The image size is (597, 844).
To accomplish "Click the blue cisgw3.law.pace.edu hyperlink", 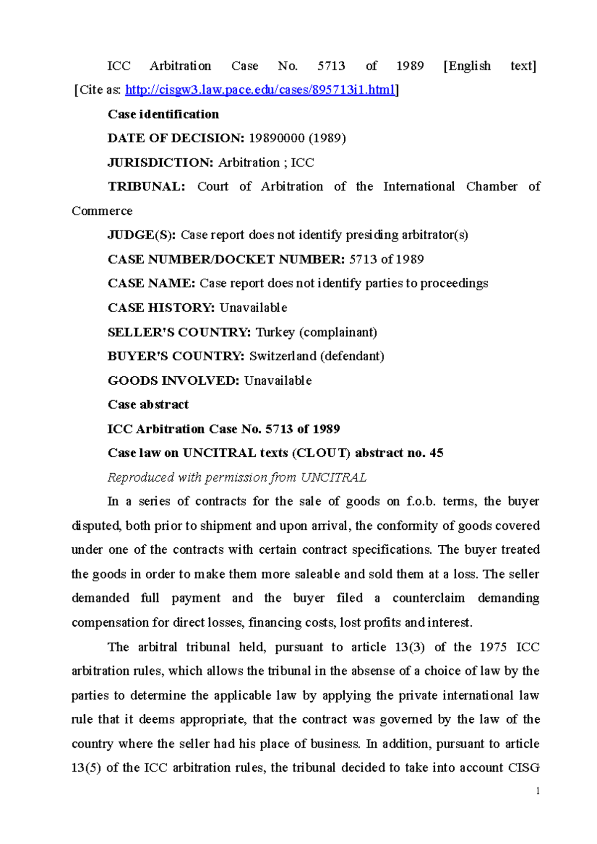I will click(x=260, y=90).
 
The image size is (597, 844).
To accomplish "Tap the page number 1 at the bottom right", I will click(x=538, y=791).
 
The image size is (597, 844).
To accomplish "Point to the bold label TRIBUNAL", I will click(x=146, y=186).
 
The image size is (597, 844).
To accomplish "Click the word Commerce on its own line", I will click(x=102, y=211).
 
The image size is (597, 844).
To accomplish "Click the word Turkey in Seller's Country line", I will click(x=275, y=332).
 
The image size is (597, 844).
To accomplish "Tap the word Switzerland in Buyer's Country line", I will click(x=283, y=356).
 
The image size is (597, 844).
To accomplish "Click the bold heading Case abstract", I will click(x=148, y=405).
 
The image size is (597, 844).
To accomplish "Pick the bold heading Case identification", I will click(x=163, y=114).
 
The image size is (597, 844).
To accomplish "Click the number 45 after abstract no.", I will click(x=436, y=453).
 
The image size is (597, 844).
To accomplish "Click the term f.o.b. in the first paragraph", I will click(x=421, y=501).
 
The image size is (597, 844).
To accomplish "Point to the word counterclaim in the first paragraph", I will click(x=428, y=598).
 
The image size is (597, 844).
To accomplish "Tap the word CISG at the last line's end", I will click(x=524, y=768).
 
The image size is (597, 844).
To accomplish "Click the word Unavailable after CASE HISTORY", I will click(x=253, y=308).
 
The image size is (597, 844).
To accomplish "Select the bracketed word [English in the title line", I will click(x=467, y=66).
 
